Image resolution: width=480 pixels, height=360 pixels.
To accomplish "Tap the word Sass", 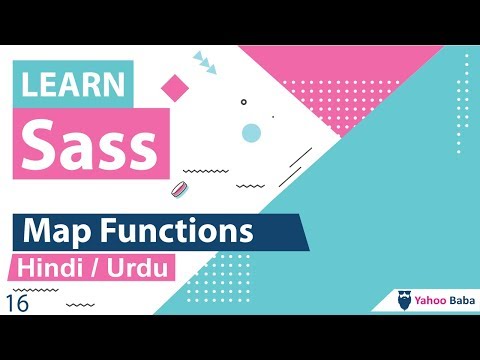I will click(x=90, y=145).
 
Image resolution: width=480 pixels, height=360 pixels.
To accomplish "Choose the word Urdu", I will click(x=142, y=270).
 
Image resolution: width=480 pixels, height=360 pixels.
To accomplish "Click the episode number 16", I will click(x=17, y=303).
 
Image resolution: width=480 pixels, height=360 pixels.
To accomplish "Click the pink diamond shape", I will click(x=174, y=87).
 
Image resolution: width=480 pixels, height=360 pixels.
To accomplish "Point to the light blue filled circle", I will click(x=251, y=133).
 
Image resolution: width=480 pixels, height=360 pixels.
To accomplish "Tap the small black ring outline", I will click(x=243, y=101).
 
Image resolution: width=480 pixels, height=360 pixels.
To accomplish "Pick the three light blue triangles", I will click(x=205, y=63).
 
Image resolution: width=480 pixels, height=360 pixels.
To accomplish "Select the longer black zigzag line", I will click(x=206, y=171).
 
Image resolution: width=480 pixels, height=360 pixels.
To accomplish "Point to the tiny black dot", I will click(x=272, y=117).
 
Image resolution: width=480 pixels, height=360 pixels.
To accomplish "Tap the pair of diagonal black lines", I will click(x=297, y=165).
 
